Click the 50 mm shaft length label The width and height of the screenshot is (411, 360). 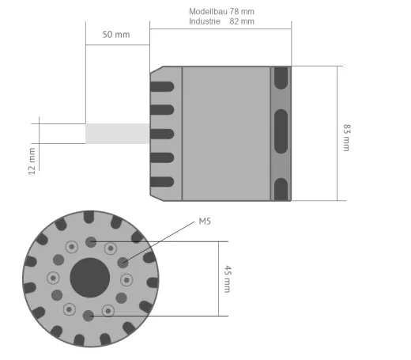(x=116, y=36)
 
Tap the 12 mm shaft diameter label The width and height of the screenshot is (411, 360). (x=32, y=159)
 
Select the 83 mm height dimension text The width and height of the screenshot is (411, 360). (x=346, y=137)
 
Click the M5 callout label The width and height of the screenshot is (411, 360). (x=204, y=222)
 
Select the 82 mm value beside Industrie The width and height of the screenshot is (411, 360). (x=242, y=21)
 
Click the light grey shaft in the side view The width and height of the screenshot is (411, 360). (x=117, y=134)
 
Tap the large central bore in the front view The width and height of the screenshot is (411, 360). (x=90, y=278)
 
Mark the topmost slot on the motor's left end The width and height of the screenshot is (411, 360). (x=162, y=85)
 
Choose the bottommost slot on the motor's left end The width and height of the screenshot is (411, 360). (x=162, y=182)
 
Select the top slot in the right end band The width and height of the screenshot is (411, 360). (x=281, y=78)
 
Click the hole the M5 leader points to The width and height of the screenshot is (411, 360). (x=123, y=261)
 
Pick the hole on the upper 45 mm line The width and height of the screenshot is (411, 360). (x=90, y=241)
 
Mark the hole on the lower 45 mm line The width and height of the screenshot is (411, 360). (x=88, y=316)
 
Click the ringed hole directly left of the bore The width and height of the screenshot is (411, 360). (x=53, y=278)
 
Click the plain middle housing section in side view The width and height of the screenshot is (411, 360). (x=226, y=134)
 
